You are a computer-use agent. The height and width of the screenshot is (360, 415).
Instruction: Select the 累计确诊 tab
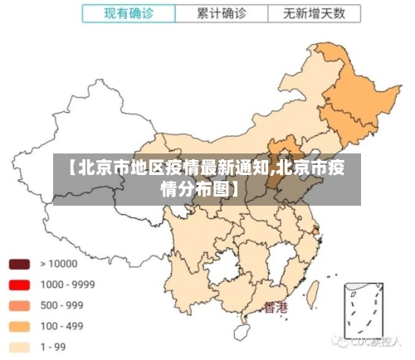click(222, 13)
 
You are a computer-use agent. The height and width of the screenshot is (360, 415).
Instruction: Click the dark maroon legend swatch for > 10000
click(18, 265)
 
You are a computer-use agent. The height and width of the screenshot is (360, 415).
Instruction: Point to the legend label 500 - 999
click(61, 305)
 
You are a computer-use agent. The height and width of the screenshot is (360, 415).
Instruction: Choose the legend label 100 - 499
click(61, 326)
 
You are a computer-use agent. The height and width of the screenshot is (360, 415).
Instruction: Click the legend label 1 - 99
click(55, 347)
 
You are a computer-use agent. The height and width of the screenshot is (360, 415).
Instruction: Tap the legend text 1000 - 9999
click(67, 285)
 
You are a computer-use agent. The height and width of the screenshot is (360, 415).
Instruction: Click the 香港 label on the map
click(276, 308)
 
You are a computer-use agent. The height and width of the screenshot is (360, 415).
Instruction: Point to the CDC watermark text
click(369, 340)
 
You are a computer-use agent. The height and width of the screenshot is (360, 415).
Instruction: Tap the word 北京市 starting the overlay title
click(96, 168)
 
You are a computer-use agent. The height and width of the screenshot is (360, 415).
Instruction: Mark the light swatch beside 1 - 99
click(18, 347)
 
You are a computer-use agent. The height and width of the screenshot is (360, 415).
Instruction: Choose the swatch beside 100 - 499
click(18, 326)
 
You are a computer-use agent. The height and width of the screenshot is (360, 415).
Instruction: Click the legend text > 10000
click(59, 265)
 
